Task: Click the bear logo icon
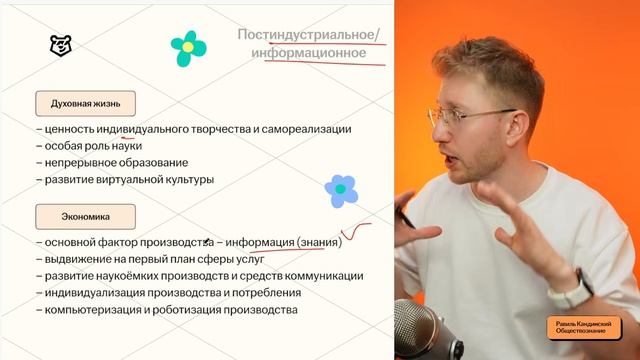[x=61, y=45]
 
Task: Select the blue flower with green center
[x=341, y=190]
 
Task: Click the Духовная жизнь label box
[x=85, y=103]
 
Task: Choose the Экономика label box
[x=85, y=215]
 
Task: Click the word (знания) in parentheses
[x=320, y=242]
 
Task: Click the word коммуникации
[x=323, y=276]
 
